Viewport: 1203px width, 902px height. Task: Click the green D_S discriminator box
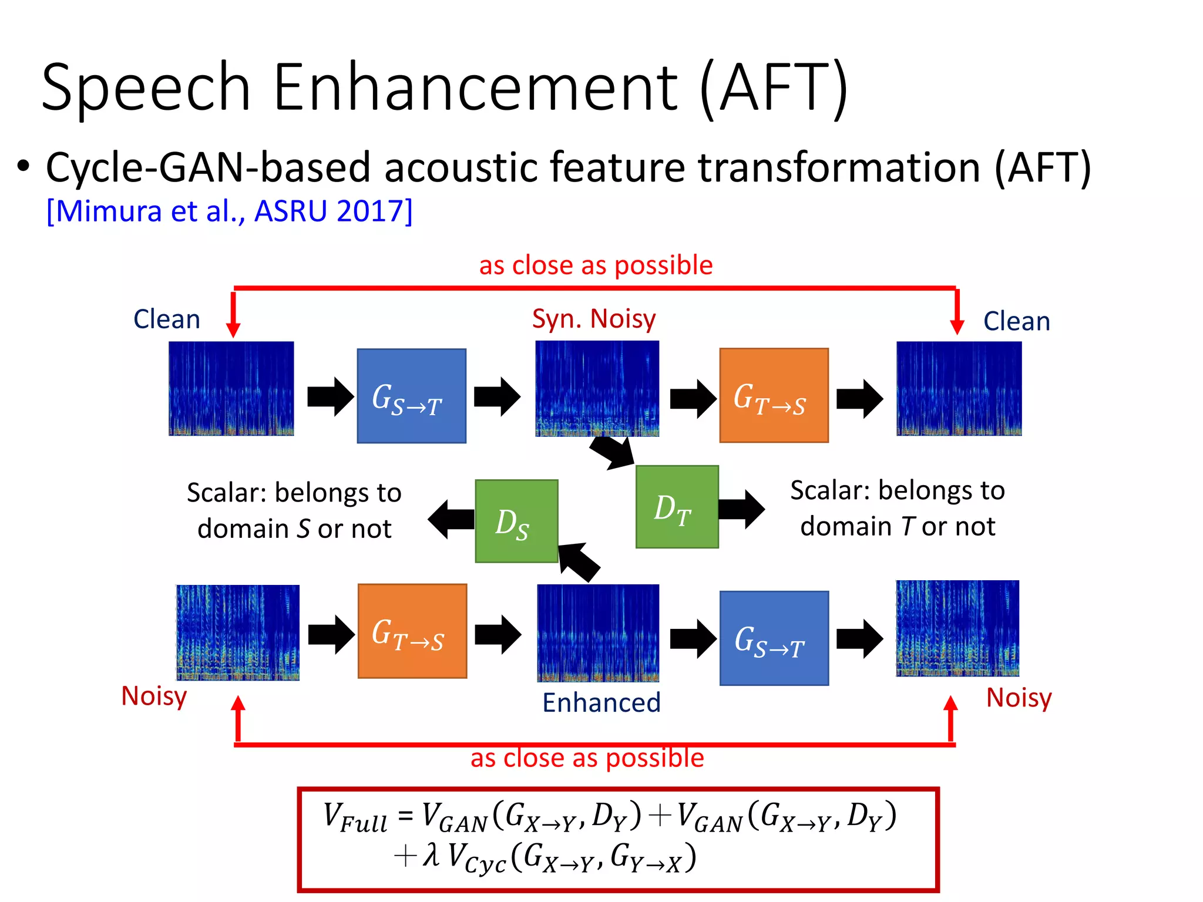click(516, 521)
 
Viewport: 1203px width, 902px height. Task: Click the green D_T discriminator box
click(677, 507)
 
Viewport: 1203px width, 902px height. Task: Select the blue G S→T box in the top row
click(411, 396)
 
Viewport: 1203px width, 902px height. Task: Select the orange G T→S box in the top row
click(774, 395)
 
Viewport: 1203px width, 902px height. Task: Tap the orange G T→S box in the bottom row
click(412, 631)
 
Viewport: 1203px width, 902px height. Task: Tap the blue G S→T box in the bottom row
click(774, 638)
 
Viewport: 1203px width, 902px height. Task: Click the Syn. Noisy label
click(593, 319)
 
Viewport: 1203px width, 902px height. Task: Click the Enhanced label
click(601, 702)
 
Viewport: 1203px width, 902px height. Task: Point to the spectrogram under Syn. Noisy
click(597, 389)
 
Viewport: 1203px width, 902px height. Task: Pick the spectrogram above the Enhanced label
click(598, 632)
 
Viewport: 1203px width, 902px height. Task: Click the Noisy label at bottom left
click(154, 696)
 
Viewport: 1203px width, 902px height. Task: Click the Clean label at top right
click(1016, 321)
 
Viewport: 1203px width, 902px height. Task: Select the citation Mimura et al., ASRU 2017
click(229, 211)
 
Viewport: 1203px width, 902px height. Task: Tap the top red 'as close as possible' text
click(596, 265)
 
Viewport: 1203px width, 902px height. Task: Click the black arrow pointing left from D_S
click(450, 519)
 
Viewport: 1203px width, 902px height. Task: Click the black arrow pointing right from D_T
click(741, 509)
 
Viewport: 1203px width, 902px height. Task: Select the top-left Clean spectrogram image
click(231, 388)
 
